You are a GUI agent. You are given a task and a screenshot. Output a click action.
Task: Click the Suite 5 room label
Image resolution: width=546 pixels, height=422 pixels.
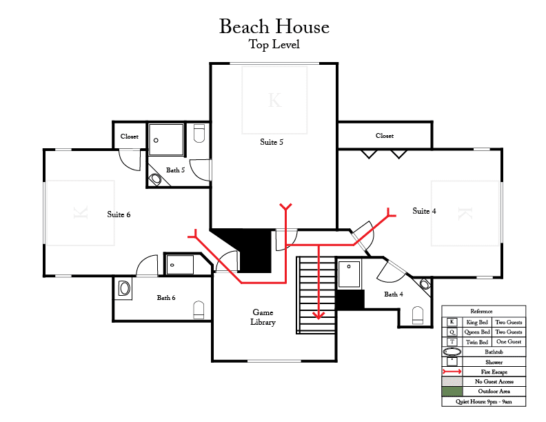click(x=272, y=142)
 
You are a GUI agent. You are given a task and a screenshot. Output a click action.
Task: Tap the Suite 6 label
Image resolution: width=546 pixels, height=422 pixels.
click(x=119, y=214)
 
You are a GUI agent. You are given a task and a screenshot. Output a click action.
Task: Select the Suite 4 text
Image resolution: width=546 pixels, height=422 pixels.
click(x=424, y=211)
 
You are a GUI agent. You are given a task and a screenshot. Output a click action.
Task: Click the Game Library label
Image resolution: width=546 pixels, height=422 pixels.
click(x=263, y=317)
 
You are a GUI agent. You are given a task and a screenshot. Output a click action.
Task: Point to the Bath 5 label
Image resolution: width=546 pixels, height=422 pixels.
click(x=175, y=170)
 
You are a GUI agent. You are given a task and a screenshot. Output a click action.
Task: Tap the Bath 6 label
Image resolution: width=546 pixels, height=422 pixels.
click(x=166, y=298)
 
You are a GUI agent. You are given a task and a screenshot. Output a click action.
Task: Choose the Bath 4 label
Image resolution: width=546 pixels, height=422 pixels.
click(x=394, y=294)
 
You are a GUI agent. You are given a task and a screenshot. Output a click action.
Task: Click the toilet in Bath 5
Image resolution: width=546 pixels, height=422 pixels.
click(x=199, y=133)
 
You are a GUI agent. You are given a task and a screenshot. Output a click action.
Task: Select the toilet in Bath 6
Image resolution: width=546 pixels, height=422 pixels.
click(x=199, y=310)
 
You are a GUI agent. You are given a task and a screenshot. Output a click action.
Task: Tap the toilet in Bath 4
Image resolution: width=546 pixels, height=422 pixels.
click(x=418, y=315)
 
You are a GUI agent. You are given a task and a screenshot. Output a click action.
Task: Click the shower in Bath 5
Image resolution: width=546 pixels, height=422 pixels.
click(x=166, y=139)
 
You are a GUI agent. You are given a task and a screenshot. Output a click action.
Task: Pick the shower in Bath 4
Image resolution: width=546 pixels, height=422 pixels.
click(x=349, y=274)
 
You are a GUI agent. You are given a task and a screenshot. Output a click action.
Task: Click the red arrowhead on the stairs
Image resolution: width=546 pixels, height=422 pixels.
click(x=318, y=315)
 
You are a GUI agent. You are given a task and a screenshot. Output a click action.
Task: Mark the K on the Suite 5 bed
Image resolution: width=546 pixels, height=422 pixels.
click(x=274, y=100)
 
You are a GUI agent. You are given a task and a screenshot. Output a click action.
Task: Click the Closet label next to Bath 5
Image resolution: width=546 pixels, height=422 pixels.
click(x=130, y=137)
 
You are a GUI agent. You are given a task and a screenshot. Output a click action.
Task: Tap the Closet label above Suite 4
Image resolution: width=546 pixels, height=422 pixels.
click(x=385, y=136)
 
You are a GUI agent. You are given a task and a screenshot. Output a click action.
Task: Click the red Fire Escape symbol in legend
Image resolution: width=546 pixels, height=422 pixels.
click(x=452, y=372)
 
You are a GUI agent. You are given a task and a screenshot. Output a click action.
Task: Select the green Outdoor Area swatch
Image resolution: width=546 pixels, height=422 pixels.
click(x=452, y=392)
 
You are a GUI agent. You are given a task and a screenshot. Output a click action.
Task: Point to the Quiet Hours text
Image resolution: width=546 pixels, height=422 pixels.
click(x=484, y=402)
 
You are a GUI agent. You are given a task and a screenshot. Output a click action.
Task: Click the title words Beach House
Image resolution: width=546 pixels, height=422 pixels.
click(x=274, y=26)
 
